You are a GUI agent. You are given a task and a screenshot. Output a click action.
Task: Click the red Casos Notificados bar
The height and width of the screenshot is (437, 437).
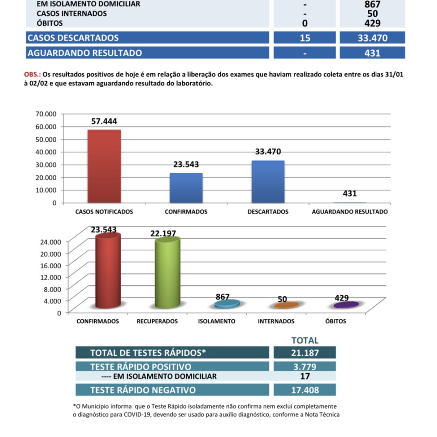[x=104, y=166]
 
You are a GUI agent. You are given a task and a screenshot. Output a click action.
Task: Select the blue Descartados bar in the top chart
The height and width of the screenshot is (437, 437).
[x=268, y=181]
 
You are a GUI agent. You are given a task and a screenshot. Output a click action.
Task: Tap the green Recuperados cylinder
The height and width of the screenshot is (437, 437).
[x=167, y=273]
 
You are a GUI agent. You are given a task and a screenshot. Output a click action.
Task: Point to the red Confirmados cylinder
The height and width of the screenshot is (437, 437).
[x=108, y=271]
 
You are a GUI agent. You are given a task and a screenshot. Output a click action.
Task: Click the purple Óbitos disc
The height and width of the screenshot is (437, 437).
[x=346, y=305]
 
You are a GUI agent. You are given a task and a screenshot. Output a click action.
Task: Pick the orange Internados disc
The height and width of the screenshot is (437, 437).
[x=286, y=305]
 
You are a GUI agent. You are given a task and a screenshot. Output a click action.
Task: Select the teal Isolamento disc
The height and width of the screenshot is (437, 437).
[x=227, y=304]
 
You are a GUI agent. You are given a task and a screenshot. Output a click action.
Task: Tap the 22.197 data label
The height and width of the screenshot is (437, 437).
[x=163, y=233]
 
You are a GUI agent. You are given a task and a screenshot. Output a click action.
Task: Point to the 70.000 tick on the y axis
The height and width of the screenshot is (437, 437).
[x=46, y=114]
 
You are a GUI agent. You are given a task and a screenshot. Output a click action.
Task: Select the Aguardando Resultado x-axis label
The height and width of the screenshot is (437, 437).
[x=350, y=212]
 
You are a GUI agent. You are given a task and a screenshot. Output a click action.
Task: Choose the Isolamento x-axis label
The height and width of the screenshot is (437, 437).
[x=216, y=321]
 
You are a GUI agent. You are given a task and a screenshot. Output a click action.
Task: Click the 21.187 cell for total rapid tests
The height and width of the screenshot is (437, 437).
[x=305, y=353]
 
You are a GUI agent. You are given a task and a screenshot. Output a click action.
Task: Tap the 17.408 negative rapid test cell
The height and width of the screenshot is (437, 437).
[x=305, y=390]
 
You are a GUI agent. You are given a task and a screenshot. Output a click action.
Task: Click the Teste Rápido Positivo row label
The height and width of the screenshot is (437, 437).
[x=141, y=367]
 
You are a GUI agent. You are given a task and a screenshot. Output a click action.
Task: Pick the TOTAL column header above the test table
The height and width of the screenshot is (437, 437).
[x=305, y=340]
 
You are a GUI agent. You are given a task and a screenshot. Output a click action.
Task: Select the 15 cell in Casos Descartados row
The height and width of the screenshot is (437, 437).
[x=305, y=38]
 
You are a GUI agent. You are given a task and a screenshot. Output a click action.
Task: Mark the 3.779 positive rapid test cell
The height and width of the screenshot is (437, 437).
[x=305, y=367]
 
